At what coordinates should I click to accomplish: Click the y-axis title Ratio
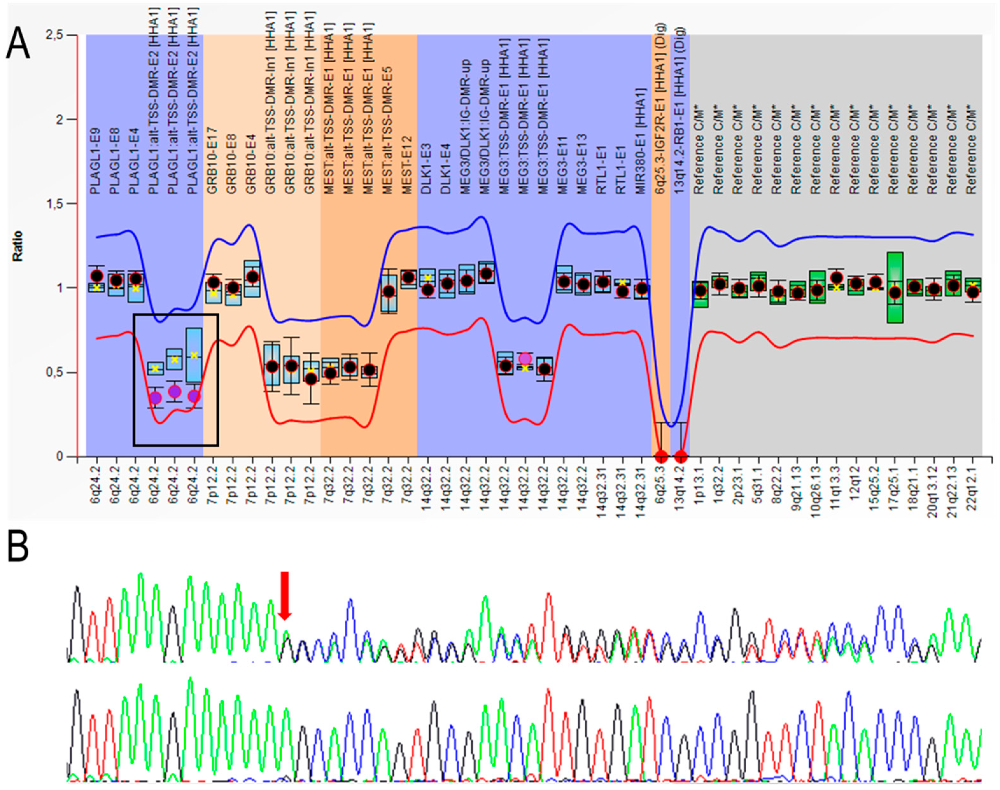[18, 246]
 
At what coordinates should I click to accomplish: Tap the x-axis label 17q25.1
[894, 486]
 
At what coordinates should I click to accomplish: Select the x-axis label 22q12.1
[972, 486]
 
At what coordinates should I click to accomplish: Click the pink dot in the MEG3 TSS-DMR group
[525, 358]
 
